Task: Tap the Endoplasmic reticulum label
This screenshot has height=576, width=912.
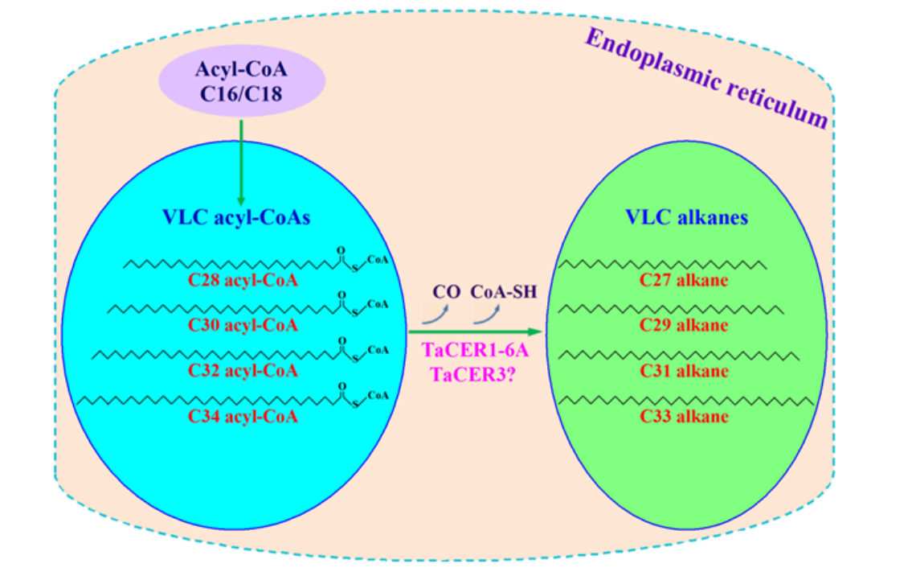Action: coord(705,78)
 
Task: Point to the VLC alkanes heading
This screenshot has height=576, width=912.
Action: coord(687,217)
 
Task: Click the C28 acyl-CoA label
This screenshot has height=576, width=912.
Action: coord(243,281)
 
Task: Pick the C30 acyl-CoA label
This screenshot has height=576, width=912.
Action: coord(243,326)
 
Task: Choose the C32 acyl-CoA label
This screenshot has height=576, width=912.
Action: coord(243,371)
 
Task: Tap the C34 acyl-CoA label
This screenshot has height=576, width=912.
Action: coord(243,417)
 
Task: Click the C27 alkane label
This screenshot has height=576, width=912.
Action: coord(684,281)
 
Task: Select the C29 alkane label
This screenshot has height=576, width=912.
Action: coord(684,326)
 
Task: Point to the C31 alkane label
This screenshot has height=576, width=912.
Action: coord(684,371)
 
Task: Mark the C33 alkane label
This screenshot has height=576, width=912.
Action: coord(684,417)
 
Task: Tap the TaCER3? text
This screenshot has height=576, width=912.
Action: coord(473,374)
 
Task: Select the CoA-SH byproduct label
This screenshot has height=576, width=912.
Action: coord(503,291)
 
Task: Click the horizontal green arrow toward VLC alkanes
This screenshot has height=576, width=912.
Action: coord(474,331)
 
